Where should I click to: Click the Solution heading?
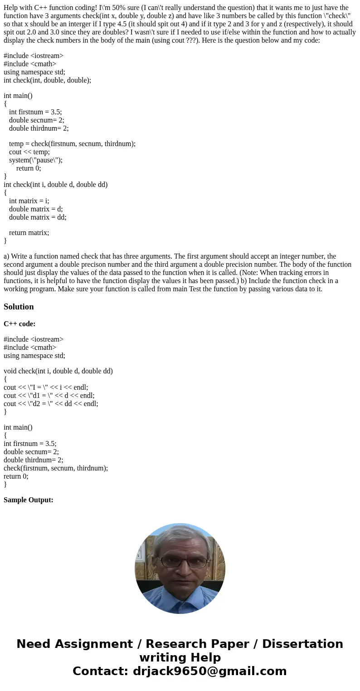coord(19,307)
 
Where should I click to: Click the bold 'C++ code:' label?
coord(19,324)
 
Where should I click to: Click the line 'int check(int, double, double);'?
coord(47,80)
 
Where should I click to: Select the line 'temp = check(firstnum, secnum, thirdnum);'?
coord(72,144)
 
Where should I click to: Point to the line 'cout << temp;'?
coord(29,152)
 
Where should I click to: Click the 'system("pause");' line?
coord(36,160)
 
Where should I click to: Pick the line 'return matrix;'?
coord(29,233)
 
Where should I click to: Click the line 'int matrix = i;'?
coord(29,201)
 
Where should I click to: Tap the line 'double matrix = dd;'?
coord(38,217)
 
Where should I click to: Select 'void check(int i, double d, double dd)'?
coord(58,371)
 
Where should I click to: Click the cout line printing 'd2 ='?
coord(51,404)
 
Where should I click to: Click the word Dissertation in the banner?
coord(302,644)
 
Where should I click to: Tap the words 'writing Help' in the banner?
coord(180,658)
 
